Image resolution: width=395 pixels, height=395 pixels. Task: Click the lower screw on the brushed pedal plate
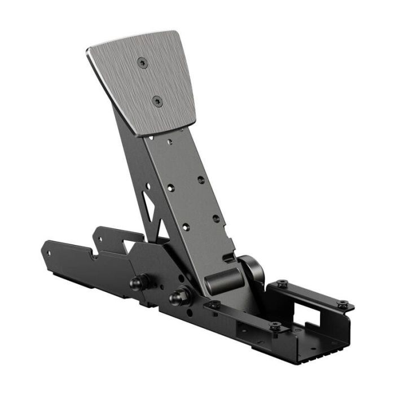[x=156, y=101]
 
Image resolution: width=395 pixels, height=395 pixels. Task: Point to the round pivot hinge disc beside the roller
[x=252, y=270]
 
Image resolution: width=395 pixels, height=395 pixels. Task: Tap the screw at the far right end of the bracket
[x=342, y=304]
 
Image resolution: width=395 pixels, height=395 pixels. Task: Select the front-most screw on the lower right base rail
[x=275, y=326]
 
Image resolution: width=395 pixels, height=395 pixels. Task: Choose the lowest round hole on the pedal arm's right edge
[x=216, y=218]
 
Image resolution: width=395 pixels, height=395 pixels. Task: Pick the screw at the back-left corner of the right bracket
[x=282, y=283]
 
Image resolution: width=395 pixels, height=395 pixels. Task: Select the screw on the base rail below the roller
[x=214, y=305]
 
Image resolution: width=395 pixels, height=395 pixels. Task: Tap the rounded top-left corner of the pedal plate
[x=90, y=50]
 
